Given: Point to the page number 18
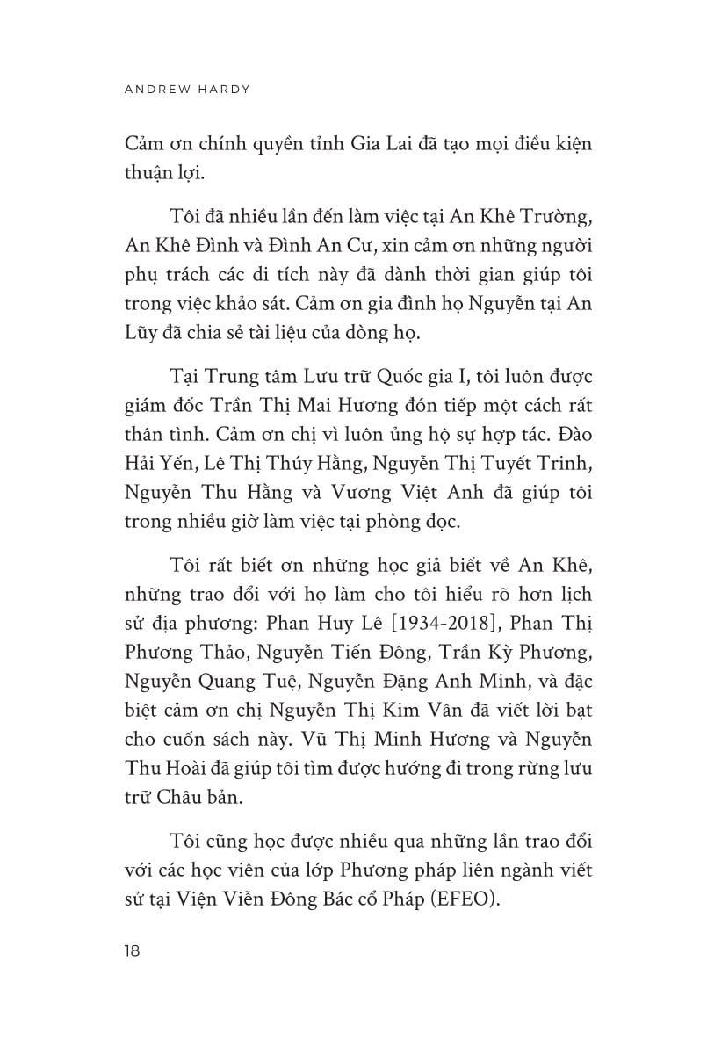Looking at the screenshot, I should (134, 950).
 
